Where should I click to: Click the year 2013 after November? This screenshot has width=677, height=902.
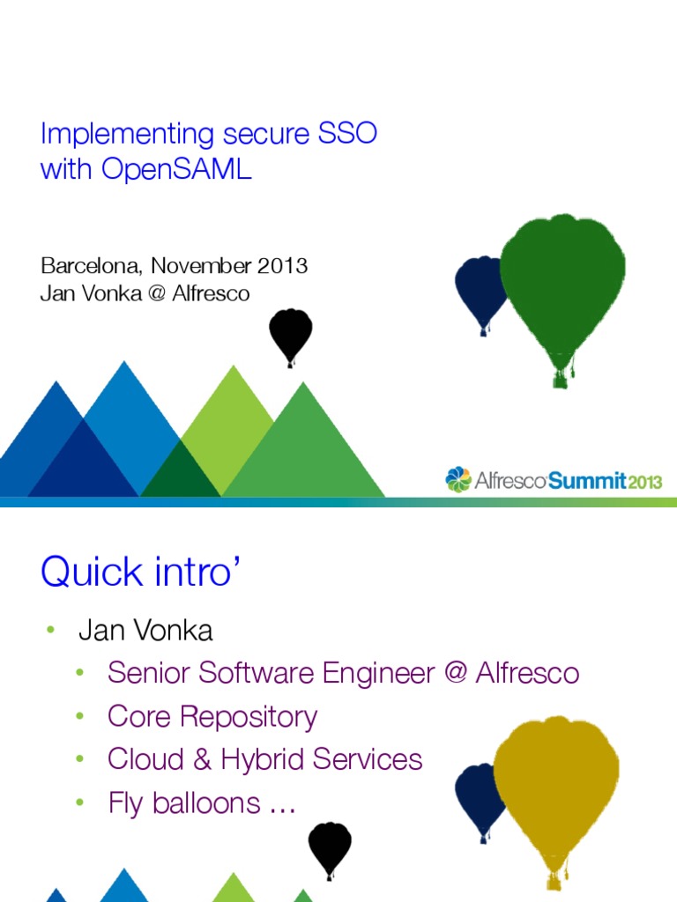coord(282,265)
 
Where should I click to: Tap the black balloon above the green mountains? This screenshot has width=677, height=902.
coord(290,334)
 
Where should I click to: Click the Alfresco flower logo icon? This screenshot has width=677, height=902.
coord(458,479)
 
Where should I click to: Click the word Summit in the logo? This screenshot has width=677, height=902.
coord(586,481)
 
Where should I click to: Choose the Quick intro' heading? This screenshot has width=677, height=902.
coord(140,573)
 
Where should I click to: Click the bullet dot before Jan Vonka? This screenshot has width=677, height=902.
coord(51,630)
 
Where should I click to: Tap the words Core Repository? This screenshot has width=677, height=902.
coord(212,716)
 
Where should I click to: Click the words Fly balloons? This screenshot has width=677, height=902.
coord(184,802)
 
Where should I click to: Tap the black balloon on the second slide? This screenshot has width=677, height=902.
coord(329,847)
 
